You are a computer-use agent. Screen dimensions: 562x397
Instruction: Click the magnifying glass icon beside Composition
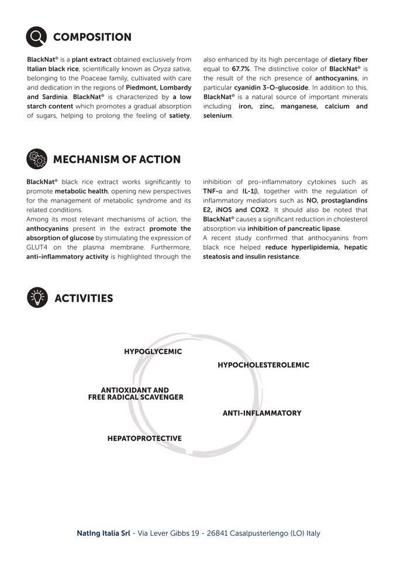coord(37,37)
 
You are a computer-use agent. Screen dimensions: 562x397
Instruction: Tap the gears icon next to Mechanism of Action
coord(37,159)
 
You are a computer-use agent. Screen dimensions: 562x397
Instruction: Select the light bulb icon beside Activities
coord(37,298)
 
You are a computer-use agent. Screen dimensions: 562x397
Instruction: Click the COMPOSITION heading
coord(92,37)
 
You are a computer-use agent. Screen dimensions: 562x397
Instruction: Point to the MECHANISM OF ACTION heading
coord(117,160)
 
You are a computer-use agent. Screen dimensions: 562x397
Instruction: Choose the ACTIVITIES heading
coord(84,299)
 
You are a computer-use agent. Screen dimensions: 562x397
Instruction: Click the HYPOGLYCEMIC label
coord(153,352)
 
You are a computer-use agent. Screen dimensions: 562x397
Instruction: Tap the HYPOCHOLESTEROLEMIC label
coord(263,365)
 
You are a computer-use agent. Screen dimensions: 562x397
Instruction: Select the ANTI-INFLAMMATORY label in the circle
coord(262,413)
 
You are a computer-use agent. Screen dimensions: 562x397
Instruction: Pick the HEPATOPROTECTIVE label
coord(144,438)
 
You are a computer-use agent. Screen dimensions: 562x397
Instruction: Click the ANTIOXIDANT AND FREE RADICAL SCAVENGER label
coord(136,393)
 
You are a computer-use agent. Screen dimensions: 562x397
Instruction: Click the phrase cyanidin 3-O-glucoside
coord(271,87)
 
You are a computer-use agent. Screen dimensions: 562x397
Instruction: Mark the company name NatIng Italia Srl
coord(103,533)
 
